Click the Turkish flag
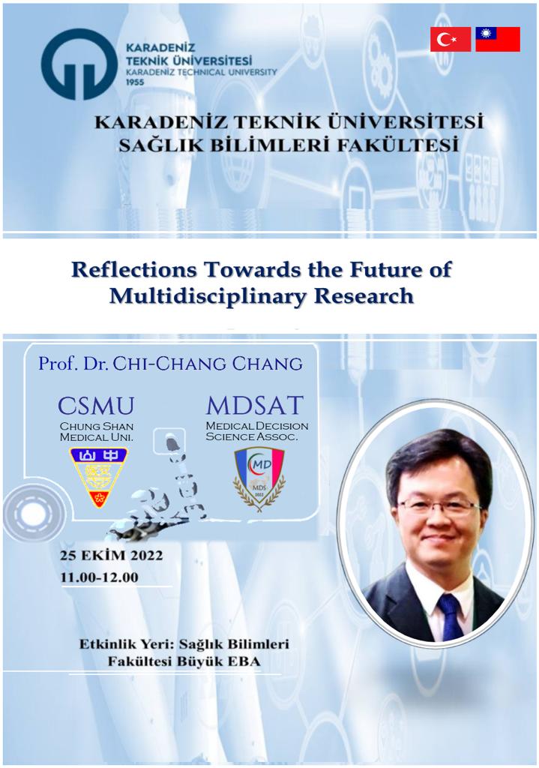451,39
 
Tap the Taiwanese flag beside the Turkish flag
498,39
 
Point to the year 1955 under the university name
135,82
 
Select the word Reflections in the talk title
134,270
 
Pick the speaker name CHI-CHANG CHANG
208,364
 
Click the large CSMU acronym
96,406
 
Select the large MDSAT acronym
255,405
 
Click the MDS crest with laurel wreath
259,479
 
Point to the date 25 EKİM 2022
112,556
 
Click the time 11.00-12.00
100,577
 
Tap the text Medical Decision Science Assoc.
257,431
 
